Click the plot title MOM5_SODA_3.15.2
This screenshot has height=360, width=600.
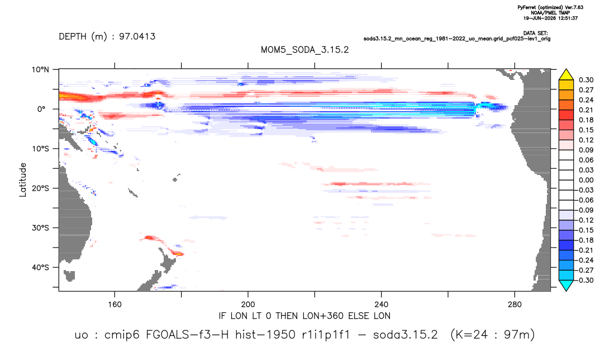point(304,50)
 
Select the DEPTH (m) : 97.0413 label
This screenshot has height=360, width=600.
point(107,36)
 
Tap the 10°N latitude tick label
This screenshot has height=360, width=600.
point(40,70)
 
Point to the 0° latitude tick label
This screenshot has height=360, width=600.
point(41,109)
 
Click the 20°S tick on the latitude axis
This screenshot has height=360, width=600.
point(40,188)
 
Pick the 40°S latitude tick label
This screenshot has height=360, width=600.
point(40,267)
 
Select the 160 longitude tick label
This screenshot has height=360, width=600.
point(115,305)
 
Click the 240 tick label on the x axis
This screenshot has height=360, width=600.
point(381,305)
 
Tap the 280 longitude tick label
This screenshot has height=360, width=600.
point(515,305)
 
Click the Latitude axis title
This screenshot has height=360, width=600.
point(23,180)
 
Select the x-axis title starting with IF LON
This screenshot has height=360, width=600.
point(304,316)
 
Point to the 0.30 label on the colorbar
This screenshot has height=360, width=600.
point(586,80)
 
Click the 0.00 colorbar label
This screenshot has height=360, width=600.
point(586,180)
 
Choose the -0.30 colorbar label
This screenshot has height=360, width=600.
point(585,280)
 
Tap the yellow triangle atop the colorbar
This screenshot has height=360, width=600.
point(566,75)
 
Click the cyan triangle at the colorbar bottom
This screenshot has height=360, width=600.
point(566,285)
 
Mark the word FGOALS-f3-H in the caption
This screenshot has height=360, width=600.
point(187,335)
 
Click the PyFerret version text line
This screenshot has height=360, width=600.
point(550,7)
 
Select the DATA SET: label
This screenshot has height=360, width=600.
point(535,34)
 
